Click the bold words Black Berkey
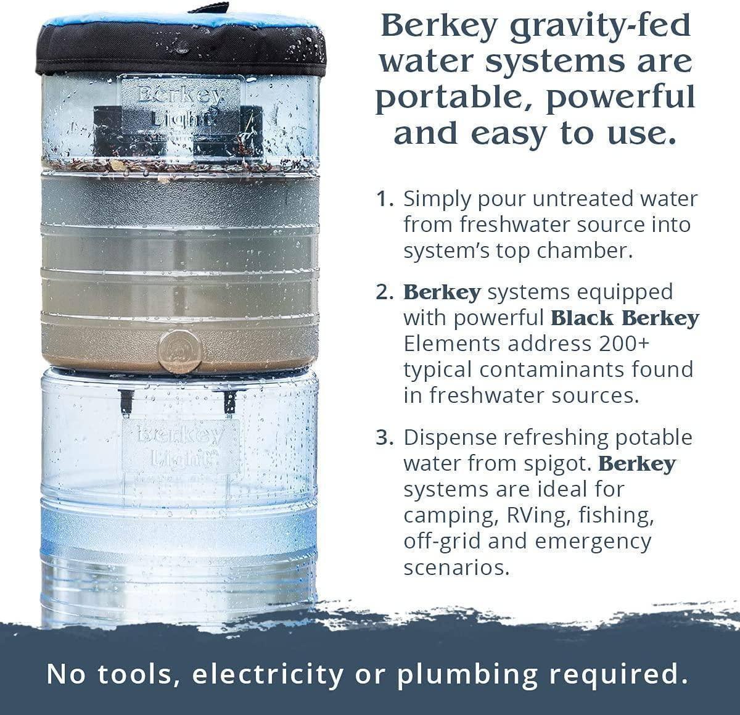click(x=625, y=318)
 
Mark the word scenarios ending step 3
click(x=457, y=567)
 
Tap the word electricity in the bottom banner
click(x=267, y=674)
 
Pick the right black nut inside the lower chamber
click(x=229, y=400)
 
